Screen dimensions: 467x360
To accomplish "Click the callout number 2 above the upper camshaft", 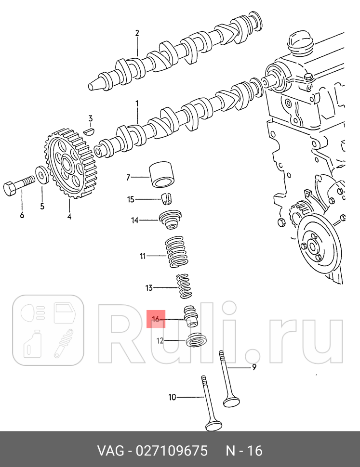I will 137,33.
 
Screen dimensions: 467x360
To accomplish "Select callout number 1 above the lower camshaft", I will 137,104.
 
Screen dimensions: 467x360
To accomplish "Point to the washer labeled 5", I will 42,175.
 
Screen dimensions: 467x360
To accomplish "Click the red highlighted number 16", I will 156,318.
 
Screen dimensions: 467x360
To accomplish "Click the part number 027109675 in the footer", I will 171,451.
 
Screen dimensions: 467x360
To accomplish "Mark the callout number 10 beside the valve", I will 172,397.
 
